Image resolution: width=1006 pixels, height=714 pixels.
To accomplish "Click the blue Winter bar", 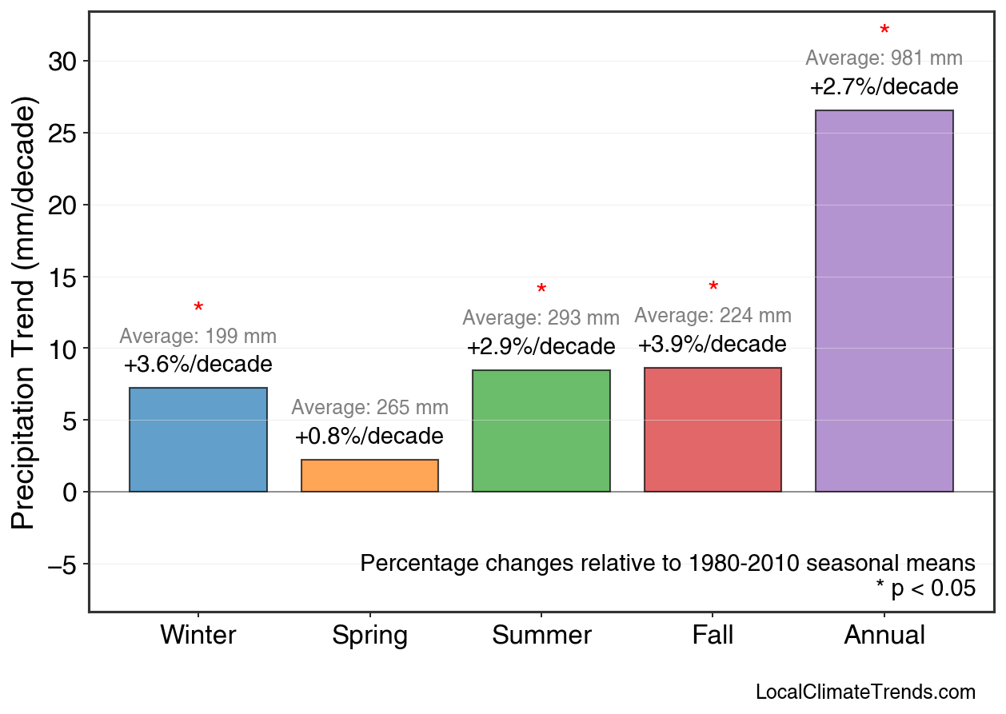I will tap(198, 440).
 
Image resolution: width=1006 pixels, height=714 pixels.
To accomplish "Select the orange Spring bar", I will tap(369, 476).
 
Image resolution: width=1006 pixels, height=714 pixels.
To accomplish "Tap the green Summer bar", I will tap(541, 431).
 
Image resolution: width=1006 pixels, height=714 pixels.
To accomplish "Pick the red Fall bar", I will tap(713, 430).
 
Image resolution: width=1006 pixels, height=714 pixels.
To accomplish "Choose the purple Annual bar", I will tap(884, 301).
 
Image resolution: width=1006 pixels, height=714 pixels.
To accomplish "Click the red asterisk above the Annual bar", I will tap(884, 31).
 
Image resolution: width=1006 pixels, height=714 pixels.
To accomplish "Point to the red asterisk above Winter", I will tap(198, 309).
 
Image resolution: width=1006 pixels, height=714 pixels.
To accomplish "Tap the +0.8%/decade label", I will tap(369, 437).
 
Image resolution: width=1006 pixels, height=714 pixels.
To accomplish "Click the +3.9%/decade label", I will tap(712, 345).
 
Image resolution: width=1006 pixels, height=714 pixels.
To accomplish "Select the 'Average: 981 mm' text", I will tap(884, 58).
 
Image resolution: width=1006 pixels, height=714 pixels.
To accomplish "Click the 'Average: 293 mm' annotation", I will tap(541, 318).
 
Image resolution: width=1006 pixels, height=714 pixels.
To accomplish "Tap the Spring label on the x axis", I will tap(369, 636).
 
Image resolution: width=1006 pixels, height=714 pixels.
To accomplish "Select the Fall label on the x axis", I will tap(713, 636).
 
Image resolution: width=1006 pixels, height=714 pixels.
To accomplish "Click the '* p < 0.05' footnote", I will tap(925, 588).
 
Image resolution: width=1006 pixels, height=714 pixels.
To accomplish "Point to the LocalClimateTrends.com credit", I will tap(865, 692).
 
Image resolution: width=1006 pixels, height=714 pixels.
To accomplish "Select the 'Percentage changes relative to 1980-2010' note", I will tap(668, 563).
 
